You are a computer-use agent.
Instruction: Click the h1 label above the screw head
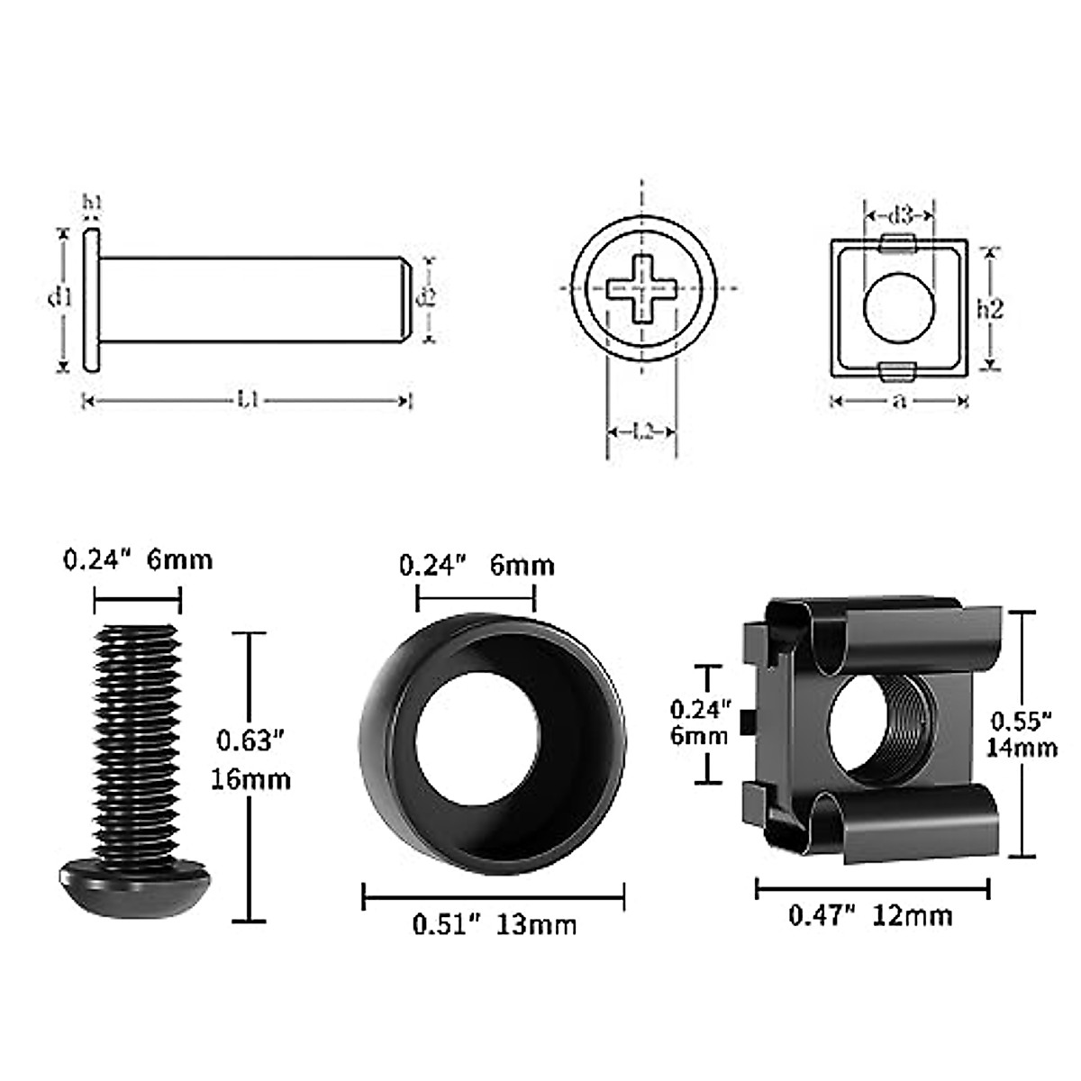(92, 204)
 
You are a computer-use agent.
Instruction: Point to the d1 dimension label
(59, 296)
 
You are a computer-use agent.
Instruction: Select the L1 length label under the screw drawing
(248, 400)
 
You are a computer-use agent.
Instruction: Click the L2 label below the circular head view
(641, 432)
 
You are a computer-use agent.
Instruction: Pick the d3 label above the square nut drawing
(900, 215)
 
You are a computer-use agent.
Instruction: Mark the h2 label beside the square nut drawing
(990, 308)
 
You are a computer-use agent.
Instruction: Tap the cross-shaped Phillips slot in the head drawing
(641, 288)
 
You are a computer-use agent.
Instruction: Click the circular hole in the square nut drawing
(899, 307)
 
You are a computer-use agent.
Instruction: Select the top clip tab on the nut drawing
(897, 242)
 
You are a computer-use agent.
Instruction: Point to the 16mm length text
(251, 778)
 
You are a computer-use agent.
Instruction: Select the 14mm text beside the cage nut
(1022, 747)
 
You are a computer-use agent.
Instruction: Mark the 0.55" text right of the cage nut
(1022, 721)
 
